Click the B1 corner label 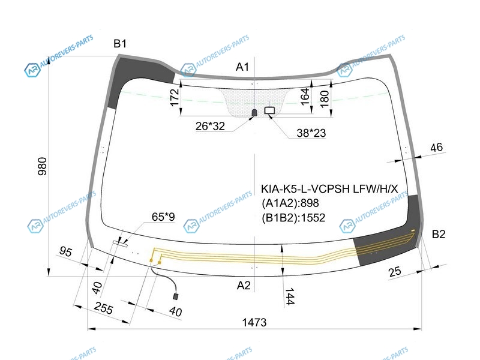tap(119, 44)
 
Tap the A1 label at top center tap(242, 67)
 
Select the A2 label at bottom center tap(244, 286)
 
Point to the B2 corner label tap(439, 234)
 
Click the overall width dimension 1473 tap(254, 322)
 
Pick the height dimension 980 tap(43, 166)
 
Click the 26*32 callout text tap(210, 126)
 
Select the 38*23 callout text tap(311, 133)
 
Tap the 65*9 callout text tap(163, 217)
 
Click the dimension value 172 tap(175, 97)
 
